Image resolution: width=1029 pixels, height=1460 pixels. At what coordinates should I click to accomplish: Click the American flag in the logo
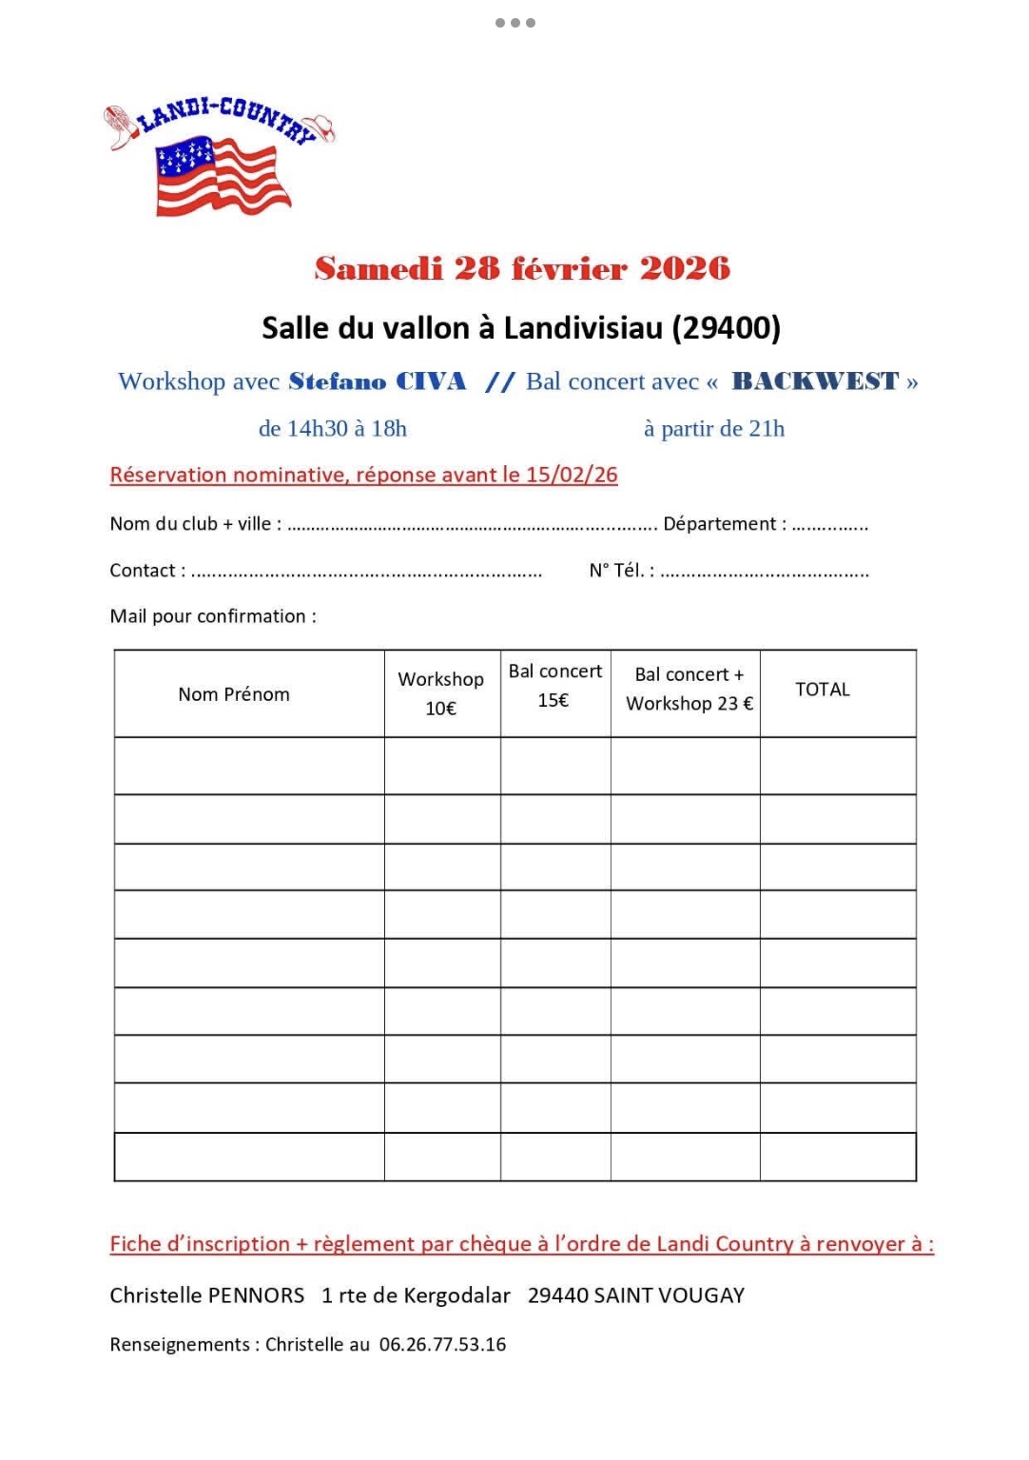(222, 175)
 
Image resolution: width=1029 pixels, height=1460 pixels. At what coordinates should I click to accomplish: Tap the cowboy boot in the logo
(120, 127)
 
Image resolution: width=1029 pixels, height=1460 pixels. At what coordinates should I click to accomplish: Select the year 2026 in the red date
(685, 269)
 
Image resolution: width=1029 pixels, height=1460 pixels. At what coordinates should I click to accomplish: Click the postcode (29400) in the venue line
(726, 328)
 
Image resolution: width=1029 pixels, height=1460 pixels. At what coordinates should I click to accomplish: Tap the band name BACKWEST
(815, 382)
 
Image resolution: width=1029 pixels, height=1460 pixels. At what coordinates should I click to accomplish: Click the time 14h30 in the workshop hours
(318, 429)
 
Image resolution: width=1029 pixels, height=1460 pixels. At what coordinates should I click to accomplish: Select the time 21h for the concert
(767, 429)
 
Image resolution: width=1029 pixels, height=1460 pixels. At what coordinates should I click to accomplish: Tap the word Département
(719, 524)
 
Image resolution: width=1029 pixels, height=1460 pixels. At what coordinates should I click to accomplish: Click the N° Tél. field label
(621, 571)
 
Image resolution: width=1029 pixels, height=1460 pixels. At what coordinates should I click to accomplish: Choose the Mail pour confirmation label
(213, 616)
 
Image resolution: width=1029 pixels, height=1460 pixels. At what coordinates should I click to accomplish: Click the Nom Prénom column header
(234, 694)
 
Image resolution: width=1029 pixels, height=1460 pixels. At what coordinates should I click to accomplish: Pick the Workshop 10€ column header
(441, 693)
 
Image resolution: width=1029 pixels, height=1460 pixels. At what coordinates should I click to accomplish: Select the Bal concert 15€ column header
(555, 686)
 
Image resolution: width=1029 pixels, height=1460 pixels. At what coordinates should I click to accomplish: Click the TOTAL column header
(823, 690)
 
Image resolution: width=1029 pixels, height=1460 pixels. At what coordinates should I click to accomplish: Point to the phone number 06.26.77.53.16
(442, 1345)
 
